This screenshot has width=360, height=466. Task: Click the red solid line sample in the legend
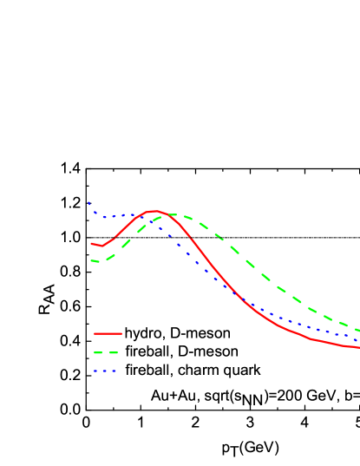coord(108,333)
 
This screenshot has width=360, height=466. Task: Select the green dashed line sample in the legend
coord(106,353)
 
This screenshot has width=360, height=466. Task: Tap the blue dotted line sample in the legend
coord(105,371)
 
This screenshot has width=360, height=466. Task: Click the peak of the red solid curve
coord(155,211)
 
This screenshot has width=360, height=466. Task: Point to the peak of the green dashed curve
coord(175,214)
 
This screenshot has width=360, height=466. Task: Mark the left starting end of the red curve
coord(91,244)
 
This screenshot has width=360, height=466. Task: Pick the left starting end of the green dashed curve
coord(91,260)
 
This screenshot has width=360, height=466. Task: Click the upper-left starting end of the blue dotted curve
coord(88,203)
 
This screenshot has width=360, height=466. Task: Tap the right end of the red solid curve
coord(358,347)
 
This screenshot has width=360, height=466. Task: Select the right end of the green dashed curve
coord(358,331)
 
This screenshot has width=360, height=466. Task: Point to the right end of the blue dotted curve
coord(358,339)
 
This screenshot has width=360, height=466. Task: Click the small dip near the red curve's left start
coord(101,246)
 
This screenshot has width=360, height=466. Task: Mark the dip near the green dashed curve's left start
coord(99,262)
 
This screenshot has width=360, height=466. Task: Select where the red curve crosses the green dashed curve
coord(168,214)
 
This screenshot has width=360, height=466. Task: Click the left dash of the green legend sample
coord(98,353)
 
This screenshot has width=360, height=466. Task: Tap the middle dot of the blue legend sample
coord(105,371)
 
